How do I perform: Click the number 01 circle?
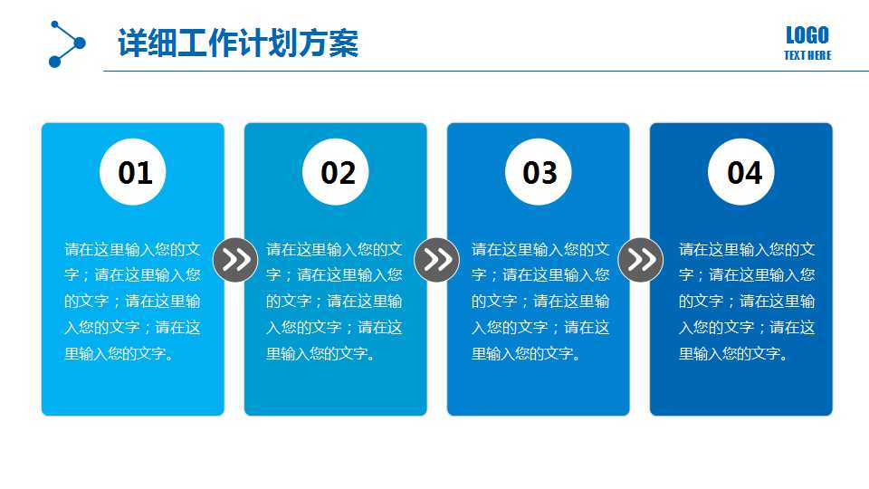(x=134, y=172)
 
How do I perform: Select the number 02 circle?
(x=337, y=172)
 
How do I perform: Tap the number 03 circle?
(x=540, y=172)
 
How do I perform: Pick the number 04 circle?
(x=743, y=172)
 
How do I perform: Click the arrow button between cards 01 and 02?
(x=235, y=261)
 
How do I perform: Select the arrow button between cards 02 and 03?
(x=437, y=261)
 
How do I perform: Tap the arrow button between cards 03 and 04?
(x=641, y=261)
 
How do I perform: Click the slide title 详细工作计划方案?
(x=238, y=43)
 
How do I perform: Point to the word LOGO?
(x=807, y=35)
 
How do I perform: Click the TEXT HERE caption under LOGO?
(x=807, y=56)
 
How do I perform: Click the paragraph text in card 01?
(x=133, y=301)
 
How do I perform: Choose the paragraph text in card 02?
(x=335, y=301)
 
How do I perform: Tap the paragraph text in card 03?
(x=540, y=301)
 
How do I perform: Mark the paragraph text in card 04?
(x=747, y=301)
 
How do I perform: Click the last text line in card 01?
(x=119, y=353)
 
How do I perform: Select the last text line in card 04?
(x=733, y=353)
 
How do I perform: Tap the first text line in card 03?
(x=540, y=249)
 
